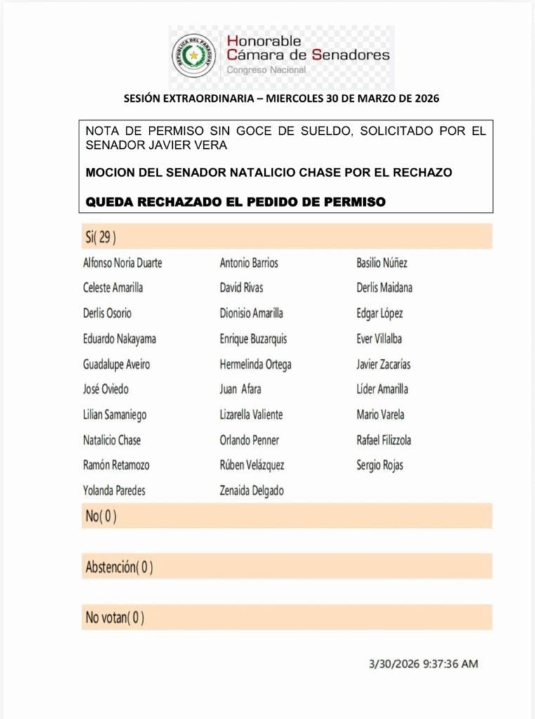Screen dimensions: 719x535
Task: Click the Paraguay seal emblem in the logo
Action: coord(194,55)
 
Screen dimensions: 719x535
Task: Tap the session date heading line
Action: coord(282,99)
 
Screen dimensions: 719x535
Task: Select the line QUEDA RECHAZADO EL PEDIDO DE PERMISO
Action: coord(236,202)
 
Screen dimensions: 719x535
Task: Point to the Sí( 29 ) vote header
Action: coord(101,237)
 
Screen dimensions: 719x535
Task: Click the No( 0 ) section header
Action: coord(101,516)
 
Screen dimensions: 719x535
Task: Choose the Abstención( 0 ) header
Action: coord(119,567)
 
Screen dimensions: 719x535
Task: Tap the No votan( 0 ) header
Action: coord(115,618)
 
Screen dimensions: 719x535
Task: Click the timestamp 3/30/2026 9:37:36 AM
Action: coord(423,664)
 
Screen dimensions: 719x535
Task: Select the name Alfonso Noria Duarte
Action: coord(123,263)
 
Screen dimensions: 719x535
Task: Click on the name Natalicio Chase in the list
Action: coord(112,440)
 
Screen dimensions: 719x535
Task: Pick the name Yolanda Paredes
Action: coord(114,491)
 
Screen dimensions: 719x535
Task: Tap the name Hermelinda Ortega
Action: coord(256,364)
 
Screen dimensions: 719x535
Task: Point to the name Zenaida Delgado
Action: coord(251,491)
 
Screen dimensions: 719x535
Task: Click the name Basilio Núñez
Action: coord(382,263)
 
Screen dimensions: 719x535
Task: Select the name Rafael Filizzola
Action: coord(384,440)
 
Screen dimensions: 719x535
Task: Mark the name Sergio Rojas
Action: coord(380,465)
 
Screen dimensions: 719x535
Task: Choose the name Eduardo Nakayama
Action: coord(119,339)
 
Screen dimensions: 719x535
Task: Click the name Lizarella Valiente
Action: coord(251,415)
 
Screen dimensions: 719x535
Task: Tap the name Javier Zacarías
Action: coord(384,364)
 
